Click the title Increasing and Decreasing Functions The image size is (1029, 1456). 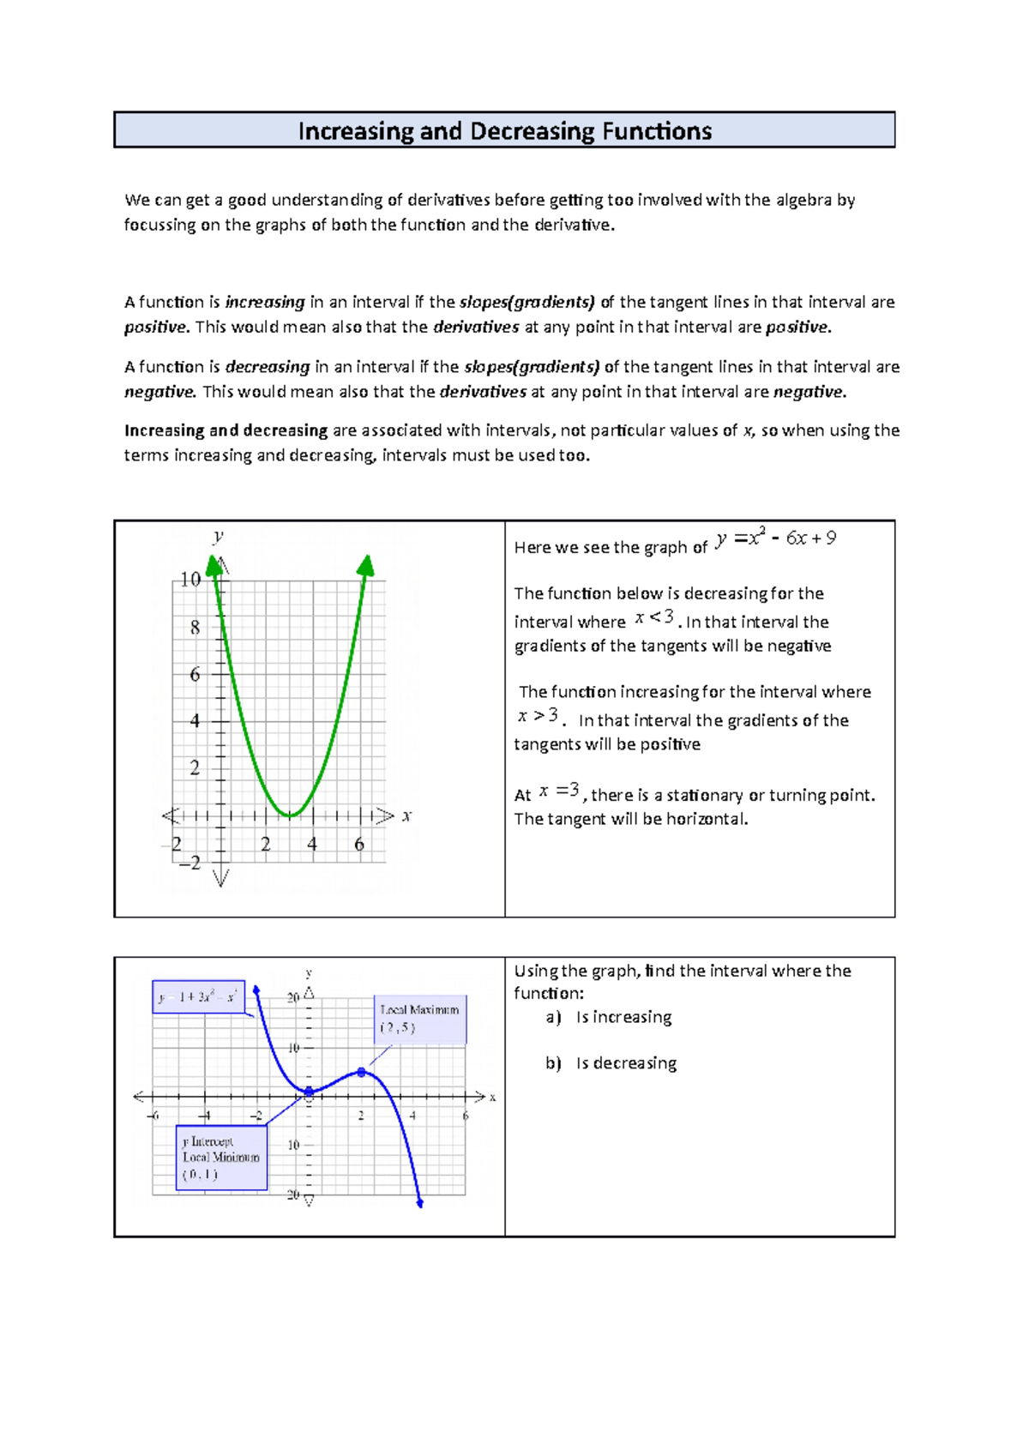click(504, 131)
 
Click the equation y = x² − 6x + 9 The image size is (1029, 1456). click(775, 538)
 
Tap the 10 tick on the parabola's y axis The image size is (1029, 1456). click(190, 580)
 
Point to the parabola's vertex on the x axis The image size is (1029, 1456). click(291, 815)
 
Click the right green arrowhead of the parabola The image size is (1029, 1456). click(366, 565)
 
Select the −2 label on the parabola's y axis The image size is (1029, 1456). click(190, 863)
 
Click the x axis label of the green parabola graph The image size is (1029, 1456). click(406, 816)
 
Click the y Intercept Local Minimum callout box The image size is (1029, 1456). click(221, 1158)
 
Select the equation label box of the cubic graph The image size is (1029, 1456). click(198, 997)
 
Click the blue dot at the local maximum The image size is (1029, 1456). click(362, 1072)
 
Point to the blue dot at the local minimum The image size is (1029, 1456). click(310, 1092)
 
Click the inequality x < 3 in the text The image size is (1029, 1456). click(653, 617)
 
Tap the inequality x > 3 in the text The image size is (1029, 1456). click(538, 716)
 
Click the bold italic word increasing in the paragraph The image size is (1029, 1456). click(265, 302)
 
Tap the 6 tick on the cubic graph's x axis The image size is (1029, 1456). click(466, 1116)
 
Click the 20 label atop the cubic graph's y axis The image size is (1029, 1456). click(293, 997)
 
